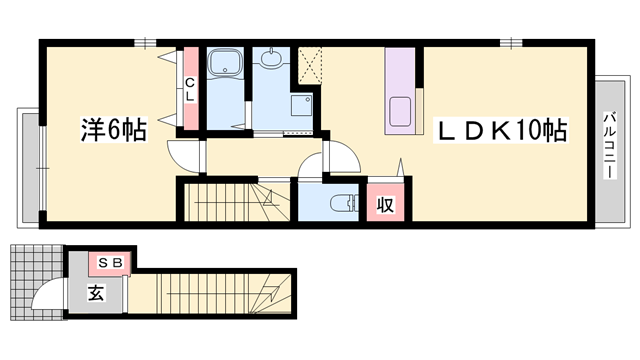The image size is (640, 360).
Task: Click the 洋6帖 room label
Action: tap(113, 129)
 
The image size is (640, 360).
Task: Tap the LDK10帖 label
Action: tap(501, 131)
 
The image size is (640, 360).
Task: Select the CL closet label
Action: tap(190, 89)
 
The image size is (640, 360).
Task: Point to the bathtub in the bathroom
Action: tap(225, 62)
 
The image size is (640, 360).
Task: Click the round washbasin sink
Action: tap(271, 59)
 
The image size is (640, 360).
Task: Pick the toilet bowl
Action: tap(342, 203)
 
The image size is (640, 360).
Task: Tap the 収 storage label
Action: tap(385, 204)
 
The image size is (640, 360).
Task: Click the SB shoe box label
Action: tap(111, 263)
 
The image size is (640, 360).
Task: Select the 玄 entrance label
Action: tap(96, 292)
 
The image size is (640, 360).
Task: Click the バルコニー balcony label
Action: tap(610, 145)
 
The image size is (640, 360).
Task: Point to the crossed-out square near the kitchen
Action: tap(310, 66)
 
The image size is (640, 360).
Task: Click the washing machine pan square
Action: tap(302, 105)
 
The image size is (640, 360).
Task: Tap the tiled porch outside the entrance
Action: tap(37, 282)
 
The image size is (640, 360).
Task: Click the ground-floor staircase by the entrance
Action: tap(210, 294)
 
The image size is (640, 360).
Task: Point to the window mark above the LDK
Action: tap(511, 42)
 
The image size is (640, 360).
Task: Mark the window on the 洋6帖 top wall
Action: tap(145, 42)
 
